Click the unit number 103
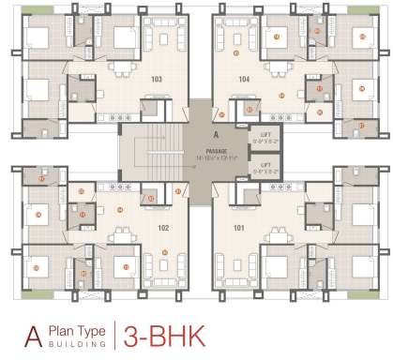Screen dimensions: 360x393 (157, 79)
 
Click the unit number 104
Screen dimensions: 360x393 (244, 79)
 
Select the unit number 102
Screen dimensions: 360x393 (163, 227)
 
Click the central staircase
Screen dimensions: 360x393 (150, 150)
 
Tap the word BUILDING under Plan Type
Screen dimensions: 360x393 (75, 343)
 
